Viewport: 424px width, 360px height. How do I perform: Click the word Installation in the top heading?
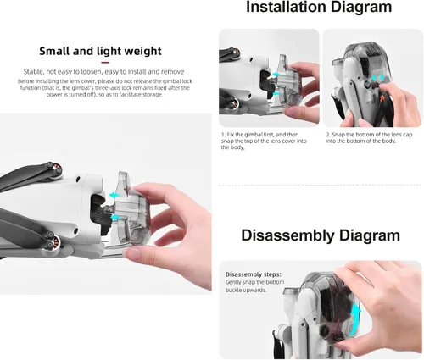pyautogui.click(x=287, y=7)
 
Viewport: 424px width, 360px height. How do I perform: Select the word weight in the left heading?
pyautogui.click(x=143, y=52)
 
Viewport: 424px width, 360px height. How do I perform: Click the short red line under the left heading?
pyautogui.click(x=105, y=63)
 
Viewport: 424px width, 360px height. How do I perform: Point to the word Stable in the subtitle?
pyautogui.click(x=33, y=71)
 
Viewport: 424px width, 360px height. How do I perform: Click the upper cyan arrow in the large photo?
pyautogui.click(x=114, y=195)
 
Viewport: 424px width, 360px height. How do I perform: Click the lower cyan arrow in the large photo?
pyautogui.click(x=114, y=217)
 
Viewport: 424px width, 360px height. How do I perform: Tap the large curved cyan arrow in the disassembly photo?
pyautogui.click(x=354, y=320)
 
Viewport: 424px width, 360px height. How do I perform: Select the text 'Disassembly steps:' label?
pyautogui.click(x=254, y=274)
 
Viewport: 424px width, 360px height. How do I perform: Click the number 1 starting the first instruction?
pyautogui.click(x=222, y=135)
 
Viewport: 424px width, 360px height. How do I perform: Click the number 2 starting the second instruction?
pyautogui.click(x=328, y=135)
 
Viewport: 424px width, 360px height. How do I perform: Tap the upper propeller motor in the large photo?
pyautogui.click(x=55, y=170)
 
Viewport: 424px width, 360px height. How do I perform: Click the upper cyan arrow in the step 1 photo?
pyautogui.click(x=276, y=75)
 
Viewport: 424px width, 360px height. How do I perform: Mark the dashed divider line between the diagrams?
pyautogui.click(x=320, y=186)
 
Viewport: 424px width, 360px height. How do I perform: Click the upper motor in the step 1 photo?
pyautogui.click(x=235, y=53)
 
